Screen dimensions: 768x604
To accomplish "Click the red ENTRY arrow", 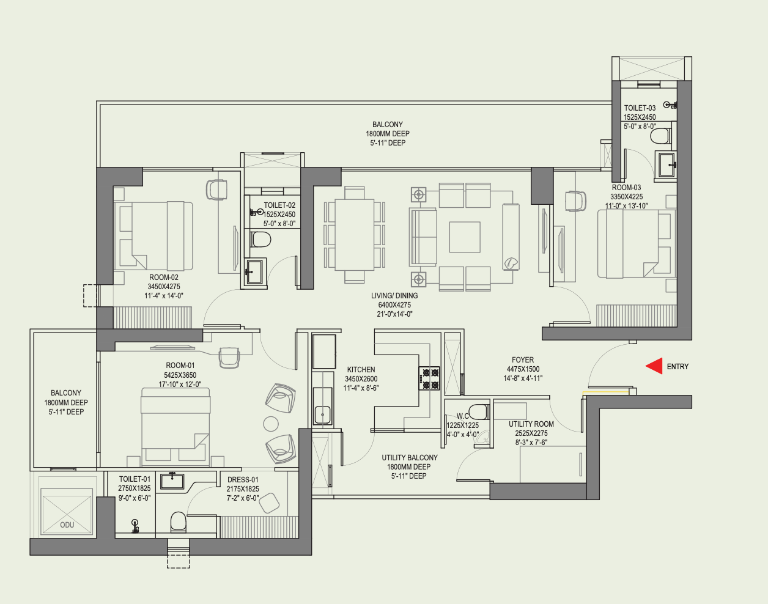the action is tap(654, 366).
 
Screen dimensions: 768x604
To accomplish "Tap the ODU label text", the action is tap(67, 525).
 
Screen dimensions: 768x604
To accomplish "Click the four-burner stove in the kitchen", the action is tap(429, 378).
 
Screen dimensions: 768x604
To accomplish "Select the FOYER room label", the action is tap(523, 360).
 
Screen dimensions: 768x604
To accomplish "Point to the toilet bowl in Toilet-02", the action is tap(260, 239).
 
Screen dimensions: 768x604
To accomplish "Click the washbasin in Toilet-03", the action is tap(666, 164).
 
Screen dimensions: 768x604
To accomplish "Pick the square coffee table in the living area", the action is tap(465, 237).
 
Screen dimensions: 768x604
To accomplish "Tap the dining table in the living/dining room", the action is tap(355, 234).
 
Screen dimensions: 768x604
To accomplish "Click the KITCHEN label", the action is tap(361, 370).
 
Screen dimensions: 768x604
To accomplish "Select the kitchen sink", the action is tap(323, 415).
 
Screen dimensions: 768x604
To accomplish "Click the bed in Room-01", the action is tap(175, 427).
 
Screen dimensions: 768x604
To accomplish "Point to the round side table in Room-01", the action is tap(271, 424).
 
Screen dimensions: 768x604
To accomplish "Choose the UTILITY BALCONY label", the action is tap(410, 457).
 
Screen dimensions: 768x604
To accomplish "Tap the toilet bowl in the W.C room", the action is tap(478, 411).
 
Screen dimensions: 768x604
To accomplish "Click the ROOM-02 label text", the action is tap(164, 277).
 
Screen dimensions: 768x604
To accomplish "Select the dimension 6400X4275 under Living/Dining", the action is tap(394, 305).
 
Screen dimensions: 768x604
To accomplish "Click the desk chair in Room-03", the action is tap(575, 201).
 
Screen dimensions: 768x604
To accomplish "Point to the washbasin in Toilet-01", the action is tap(172, 481).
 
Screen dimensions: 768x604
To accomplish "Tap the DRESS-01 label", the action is tap(243, 480).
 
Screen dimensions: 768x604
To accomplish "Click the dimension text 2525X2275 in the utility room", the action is tap(531, 433).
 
